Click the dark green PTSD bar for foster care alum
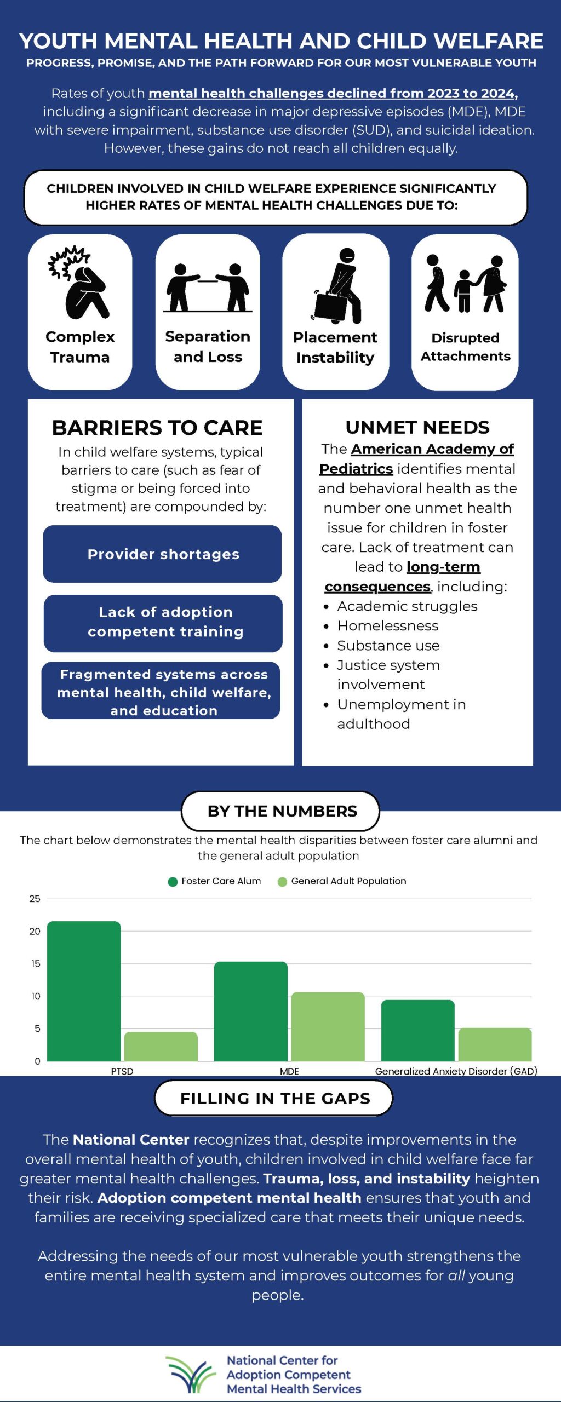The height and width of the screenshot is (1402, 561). (x=84, y=991)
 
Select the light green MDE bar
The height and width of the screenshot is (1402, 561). (x=328, y=1026)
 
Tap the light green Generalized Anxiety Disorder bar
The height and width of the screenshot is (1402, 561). (x=495, y=1044)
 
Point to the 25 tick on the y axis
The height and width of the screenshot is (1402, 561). (x=35, y=899)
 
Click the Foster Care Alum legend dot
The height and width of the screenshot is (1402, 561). (x=173, y=882)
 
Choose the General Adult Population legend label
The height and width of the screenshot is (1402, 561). (x=348, y=881)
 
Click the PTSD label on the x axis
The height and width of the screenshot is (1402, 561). (x=122, y=1071)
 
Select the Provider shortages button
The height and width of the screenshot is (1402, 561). (x=162, y=554)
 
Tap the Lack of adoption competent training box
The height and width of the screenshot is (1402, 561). (x=163, y=623)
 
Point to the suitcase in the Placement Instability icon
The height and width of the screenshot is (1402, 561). (x=329, y=306)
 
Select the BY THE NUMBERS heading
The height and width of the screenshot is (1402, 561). (x=282, y=811)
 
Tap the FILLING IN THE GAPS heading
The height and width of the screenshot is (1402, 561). (x=275, y=1098)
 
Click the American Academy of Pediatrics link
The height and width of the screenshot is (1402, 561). (x=416, y=459)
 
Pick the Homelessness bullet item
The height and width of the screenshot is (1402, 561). (x=388, y=625)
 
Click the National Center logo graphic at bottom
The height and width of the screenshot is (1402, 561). (x=191, y=1374)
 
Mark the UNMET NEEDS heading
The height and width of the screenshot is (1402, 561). (x=417, y=427)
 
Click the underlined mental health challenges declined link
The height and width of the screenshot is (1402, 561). (x=333, y=94)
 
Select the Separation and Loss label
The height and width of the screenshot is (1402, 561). (x=208, y=347)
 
